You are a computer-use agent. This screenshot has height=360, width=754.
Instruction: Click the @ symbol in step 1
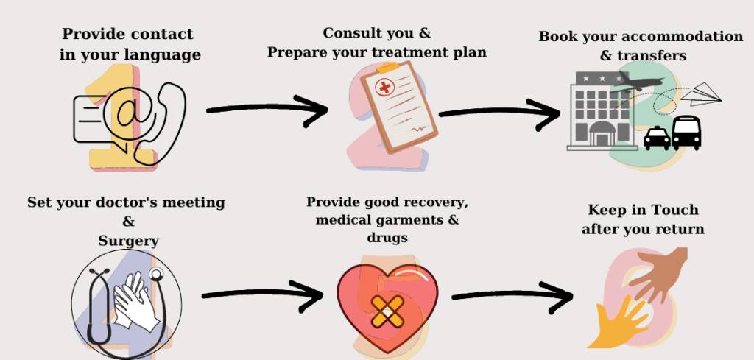(x=129, y=114)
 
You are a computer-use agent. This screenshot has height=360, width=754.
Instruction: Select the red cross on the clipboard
(x=384, y=87)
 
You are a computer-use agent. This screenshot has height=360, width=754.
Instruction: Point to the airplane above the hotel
(x=636, y=82)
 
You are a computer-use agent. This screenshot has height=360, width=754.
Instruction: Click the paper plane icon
(x=701, y=94)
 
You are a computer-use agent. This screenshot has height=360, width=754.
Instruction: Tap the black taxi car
(x=656, y=138)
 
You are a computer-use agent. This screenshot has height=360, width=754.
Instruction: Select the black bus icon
(x=686, y=133)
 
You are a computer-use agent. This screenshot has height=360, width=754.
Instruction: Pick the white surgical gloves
(x=135, y=302)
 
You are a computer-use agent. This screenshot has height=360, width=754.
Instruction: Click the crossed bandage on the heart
(x=387, y=312)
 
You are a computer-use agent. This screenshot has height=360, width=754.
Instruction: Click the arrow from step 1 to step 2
(x=267, y=110)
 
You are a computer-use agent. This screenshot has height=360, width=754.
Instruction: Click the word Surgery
(x=128, y=241)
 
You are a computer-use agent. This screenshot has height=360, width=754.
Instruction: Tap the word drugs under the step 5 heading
(x=387, y=238)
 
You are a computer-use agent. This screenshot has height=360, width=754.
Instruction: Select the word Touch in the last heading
(x=674, y=210)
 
